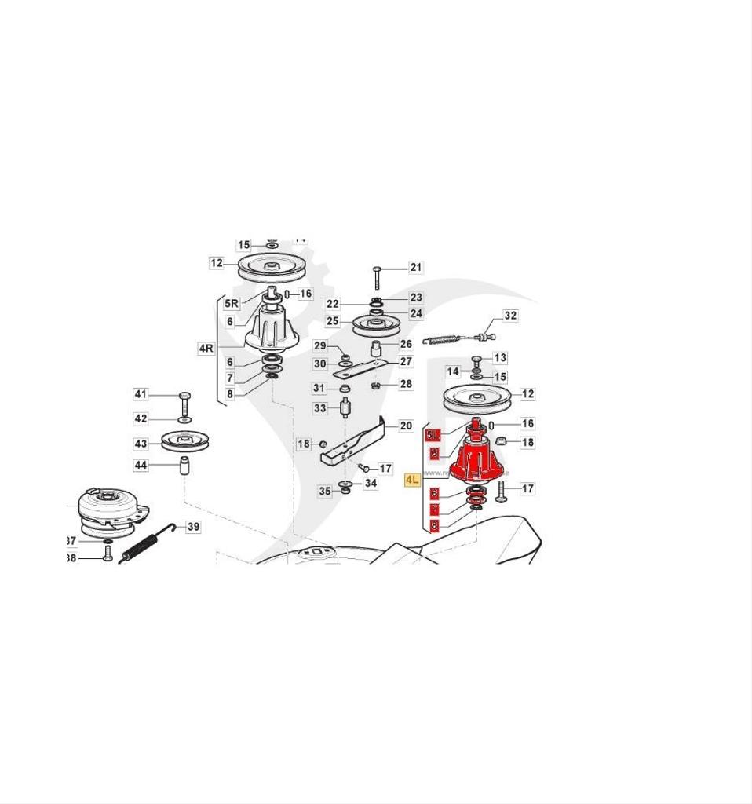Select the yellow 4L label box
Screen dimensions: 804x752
pos(412,480)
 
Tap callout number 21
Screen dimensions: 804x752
pos(416,267)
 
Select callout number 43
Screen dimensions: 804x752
pos(141,444)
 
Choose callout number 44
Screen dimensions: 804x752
pos(141,466)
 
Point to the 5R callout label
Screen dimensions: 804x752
pos(232,303)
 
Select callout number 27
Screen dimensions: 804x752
pos(406,362)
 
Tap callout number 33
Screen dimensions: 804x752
pos(319,408)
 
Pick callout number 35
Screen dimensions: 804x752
pos(324,491)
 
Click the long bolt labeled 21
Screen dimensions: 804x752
pos(377,278)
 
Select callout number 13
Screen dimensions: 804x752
pos(500,358)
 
